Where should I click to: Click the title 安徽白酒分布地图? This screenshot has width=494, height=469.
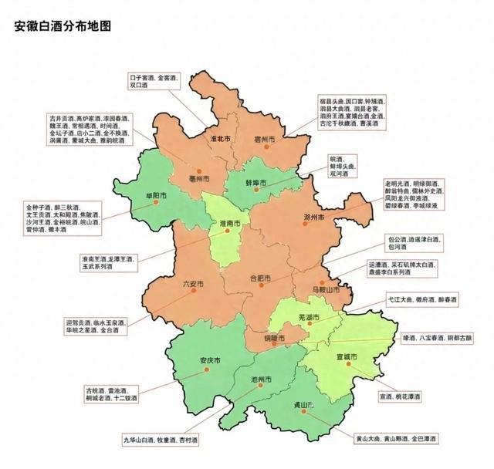63,26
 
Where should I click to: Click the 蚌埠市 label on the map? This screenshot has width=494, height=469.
255,183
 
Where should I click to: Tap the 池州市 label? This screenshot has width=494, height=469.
262,380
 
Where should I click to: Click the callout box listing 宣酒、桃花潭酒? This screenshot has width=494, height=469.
400,396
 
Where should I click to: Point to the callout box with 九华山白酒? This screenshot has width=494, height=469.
160,440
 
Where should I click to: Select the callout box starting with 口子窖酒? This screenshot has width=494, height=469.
154,83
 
